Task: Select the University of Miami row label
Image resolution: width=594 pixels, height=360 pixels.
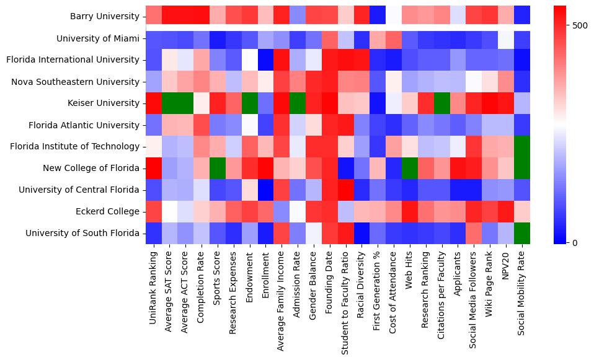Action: (x=98, y=38)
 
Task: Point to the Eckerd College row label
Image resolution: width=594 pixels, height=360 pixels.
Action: (x=107, y=212)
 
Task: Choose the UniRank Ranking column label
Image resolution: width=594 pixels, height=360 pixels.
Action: (x=153, y=285)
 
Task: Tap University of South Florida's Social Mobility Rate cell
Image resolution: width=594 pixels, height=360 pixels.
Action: (x=523, y=234)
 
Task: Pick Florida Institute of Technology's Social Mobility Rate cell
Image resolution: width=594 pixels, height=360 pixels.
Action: (x=523, y=147)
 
